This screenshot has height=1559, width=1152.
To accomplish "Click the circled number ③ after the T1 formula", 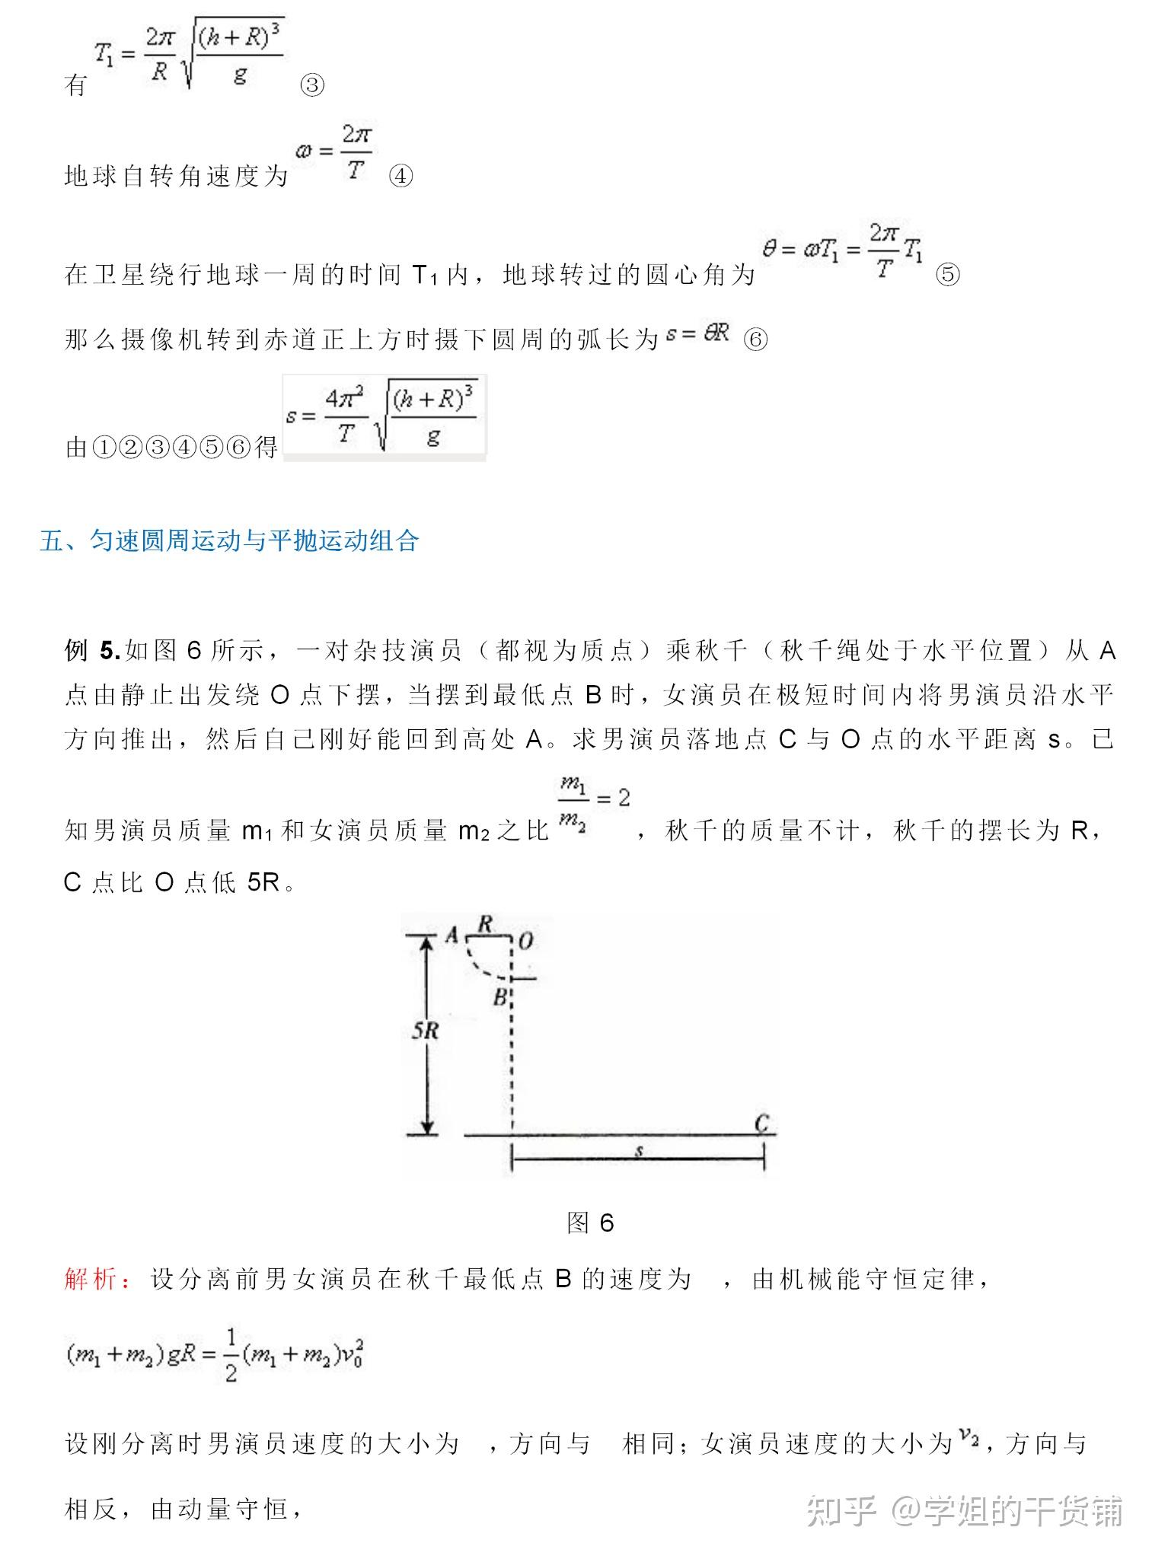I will tap(312, 85).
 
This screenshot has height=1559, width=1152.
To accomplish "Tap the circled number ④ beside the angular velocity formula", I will tap(400, 177).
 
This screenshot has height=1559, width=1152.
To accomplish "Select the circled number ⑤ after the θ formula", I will tap(947, 274).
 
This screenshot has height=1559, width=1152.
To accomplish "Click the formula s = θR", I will tap(697, 333).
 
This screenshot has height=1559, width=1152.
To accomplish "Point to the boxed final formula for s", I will tap(384, 417).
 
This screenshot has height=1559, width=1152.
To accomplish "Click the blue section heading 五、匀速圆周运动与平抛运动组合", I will tap(229, 540).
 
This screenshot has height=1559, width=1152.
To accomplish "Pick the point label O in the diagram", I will tap(526, 942).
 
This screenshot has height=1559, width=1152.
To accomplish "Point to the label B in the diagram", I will tap(500, 996).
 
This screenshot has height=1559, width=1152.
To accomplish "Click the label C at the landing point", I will tap(762, 1123).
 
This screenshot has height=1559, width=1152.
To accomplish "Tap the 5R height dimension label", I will tap(426, 1031).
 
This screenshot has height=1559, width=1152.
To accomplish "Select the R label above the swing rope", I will tap(485, 924).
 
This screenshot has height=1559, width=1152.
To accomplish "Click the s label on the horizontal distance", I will tap(640, 1152).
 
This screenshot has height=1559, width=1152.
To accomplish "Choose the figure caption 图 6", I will tap(590, 1223).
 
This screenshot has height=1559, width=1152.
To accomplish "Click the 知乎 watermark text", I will tap(841, 1510).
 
